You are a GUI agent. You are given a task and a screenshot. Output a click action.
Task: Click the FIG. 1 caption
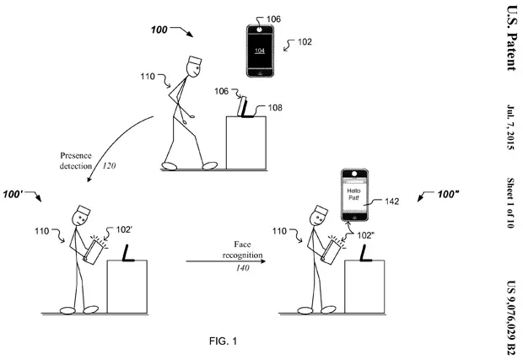tap(224, 341)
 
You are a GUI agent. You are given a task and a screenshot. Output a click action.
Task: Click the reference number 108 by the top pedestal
tap(275, 108)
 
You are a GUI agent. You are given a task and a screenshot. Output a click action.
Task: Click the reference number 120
tap(109, 166)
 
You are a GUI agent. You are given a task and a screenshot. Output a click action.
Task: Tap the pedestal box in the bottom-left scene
tap(127, 287)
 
